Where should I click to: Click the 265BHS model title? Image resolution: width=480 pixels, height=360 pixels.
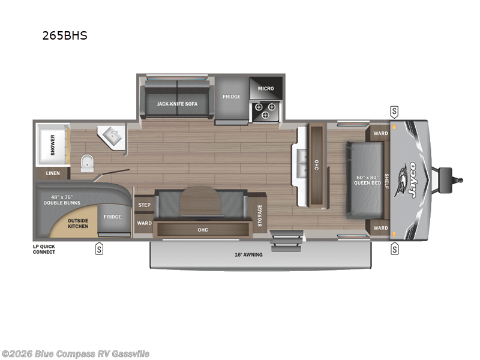(64, 35)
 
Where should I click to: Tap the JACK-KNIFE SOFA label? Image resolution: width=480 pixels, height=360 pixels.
(177, 104)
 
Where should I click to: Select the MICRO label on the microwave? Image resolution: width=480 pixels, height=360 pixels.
(266, 88)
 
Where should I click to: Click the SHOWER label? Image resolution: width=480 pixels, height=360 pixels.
(53, 145)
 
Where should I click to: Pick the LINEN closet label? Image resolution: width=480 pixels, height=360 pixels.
(52, 173)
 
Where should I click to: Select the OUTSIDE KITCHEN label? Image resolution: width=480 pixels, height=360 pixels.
(78, 223)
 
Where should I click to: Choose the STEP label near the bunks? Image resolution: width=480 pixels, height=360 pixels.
(144, 205)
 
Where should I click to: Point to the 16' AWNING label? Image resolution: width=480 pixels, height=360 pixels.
(248, 254)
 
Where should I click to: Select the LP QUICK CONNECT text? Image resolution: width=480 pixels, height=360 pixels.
(44, 249)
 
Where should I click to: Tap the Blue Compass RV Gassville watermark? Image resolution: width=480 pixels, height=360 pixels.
(76, 353)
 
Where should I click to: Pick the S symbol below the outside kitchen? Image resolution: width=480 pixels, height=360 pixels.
(99, 249)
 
